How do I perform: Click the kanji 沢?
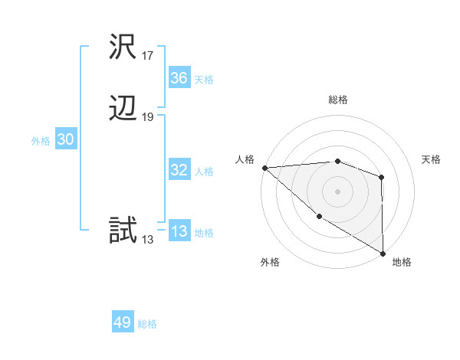[x=123, y=47]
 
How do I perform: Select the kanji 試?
[x=123, y=230]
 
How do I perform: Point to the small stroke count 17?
[x=148, y=56]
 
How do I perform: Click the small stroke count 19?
[x=148, y=117]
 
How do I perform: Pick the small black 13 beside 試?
[x=148, y=239]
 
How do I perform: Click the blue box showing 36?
[x=179, y=78]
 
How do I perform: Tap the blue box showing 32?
[x=179, y=170]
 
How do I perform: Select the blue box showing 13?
[x=179, y=231]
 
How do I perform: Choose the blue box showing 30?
[x=65, y=139]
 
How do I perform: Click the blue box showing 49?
[x=123, y=322]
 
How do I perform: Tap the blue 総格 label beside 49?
[x=147, y=324]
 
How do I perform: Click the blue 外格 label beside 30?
[x=41, y=141]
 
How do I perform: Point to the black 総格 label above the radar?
[x=337, y=100]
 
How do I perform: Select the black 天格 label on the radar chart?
[x=431, y=159]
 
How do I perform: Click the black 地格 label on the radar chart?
[x=402, y=262]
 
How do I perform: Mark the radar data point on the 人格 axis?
[x=264, y=167]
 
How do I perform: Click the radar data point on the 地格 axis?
[x=382, y=252]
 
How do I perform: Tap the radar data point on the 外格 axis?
[x=319, y=217]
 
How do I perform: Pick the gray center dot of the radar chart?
[x=337, y=191]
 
